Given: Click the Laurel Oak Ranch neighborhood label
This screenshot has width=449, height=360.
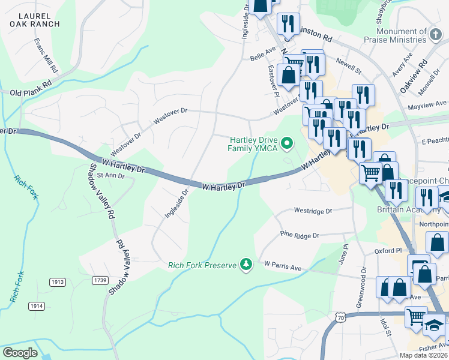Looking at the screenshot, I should point(35,19).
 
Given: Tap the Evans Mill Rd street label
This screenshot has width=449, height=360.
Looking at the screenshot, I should point(45,55).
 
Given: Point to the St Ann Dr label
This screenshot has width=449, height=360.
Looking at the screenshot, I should point(110,176).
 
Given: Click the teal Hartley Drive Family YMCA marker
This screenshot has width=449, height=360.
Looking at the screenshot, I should point(287,143).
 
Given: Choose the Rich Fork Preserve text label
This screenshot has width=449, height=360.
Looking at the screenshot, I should point(202,265).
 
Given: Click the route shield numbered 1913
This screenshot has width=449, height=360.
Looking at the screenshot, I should point(57,282).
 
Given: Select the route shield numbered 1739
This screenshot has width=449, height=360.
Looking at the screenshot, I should point(100,280).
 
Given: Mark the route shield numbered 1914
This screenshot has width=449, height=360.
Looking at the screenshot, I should point(37,306).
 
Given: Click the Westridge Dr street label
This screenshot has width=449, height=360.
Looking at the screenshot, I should point(313,211).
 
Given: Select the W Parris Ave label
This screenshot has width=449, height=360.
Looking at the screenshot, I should point(282,266).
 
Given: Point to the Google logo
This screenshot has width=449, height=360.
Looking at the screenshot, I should point(20,353).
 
